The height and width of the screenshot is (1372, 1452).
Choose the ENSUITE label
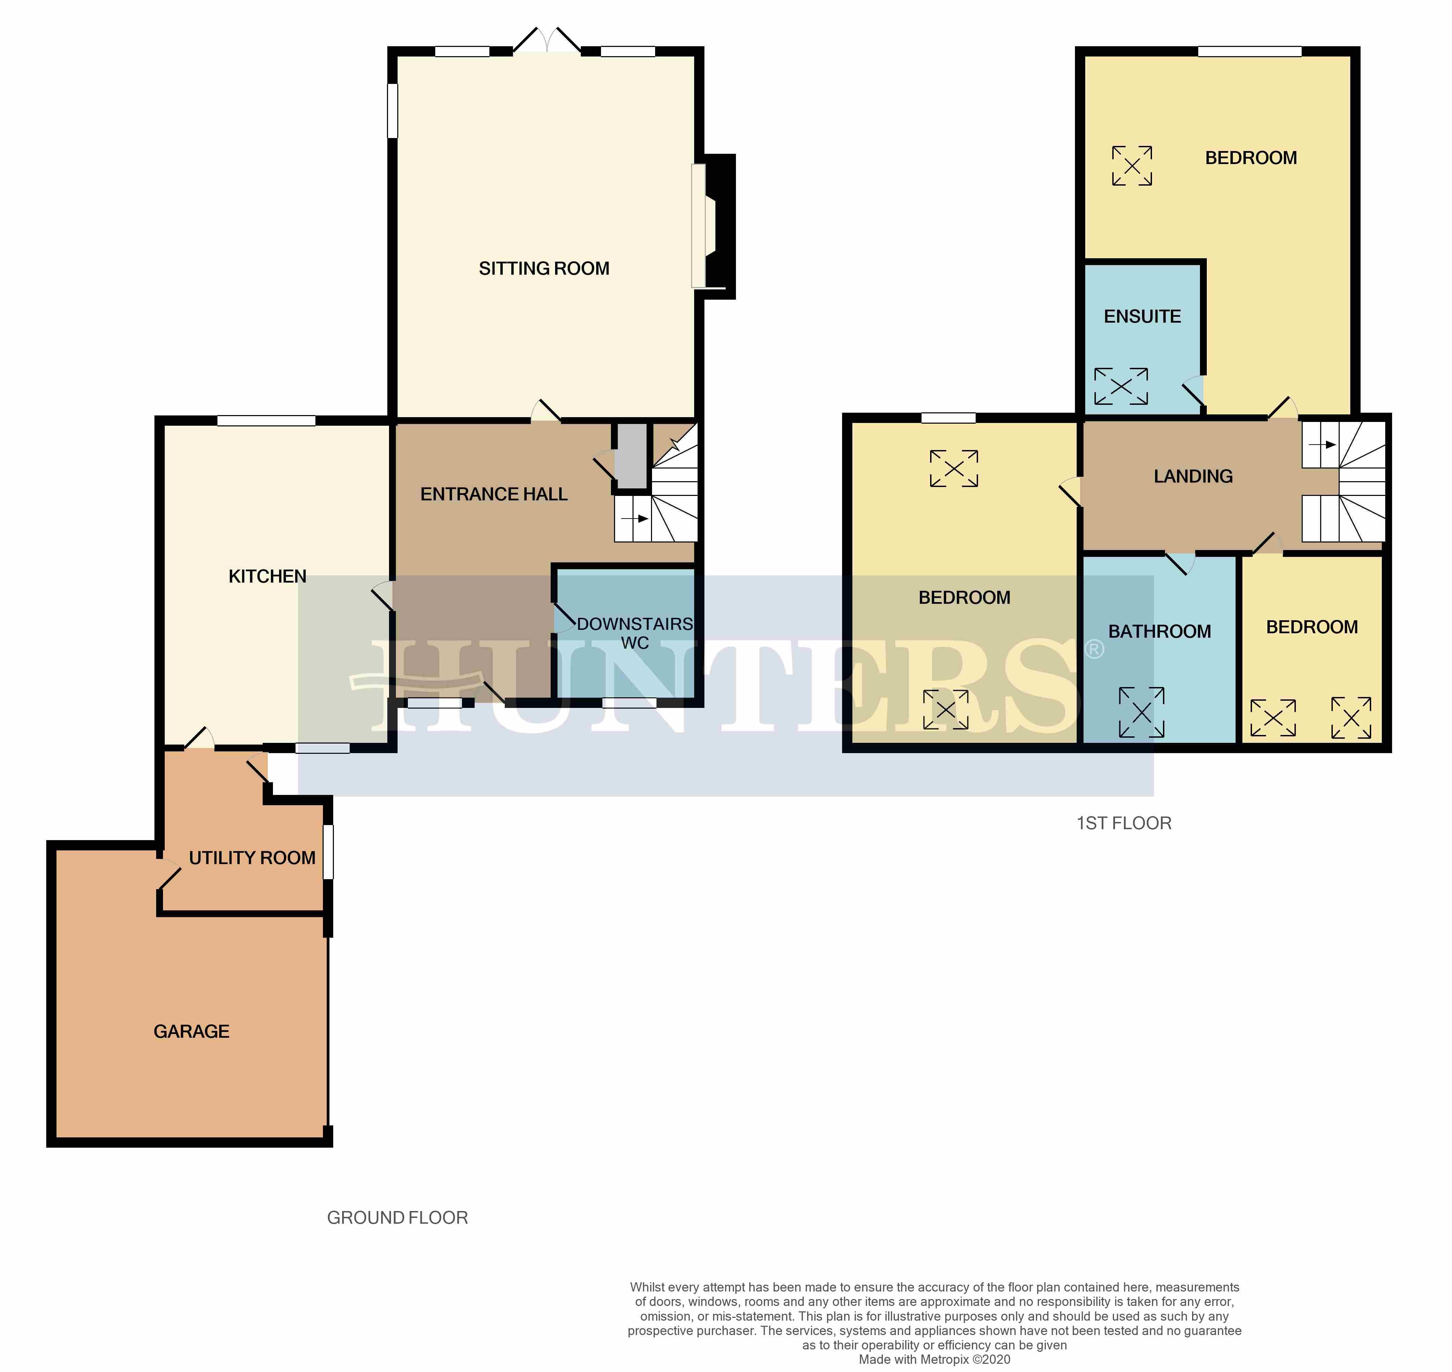click(x=1142, y=317)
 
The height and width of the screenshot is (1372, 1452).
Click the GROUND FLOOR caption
click(x=397, y=1218)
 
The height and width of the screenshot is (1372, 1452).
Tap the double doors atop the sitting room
click(x=547, y=41)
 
